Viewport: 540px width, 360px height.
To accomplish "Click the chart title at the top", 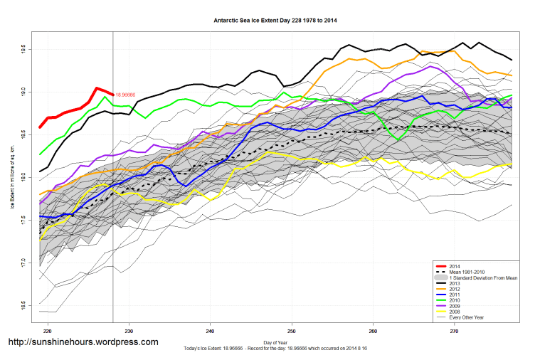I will pos(275,20).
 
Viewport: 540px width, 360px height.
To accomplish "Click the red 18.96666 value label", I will pos(125,94).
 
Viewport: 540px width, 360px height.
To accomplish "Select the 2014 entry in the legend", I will pos(454,266).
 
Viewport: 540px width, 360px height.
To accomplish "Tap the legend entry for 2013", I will pos(454,283).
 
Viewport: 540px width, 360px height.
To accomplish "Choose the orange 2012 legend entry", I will pos(454,289).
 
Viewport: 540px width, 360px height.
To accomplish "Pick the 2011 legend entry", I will pos(454,295).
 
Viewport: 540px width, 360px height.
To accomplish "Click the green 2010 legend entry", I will pos(454,300).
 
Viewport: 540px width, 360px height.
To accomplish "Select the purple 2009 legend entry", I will pos(454,306).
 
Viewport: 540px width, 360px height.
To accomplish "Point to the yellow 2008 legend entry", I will pos(454,312).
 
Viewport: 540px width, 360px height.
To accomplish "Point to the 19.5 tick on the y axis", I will pos(22,50).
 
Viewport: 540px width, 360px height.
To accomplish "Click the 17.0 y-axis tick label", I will pos(22,263).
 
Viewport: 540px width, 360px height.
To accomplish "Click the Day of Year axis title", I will pos(275,343).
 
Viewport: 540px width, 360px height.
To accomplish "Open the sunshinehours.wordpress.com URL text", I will pos(83,342).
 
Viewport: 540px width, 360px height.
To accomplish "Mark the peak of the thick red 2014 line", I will pos(97,88).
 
